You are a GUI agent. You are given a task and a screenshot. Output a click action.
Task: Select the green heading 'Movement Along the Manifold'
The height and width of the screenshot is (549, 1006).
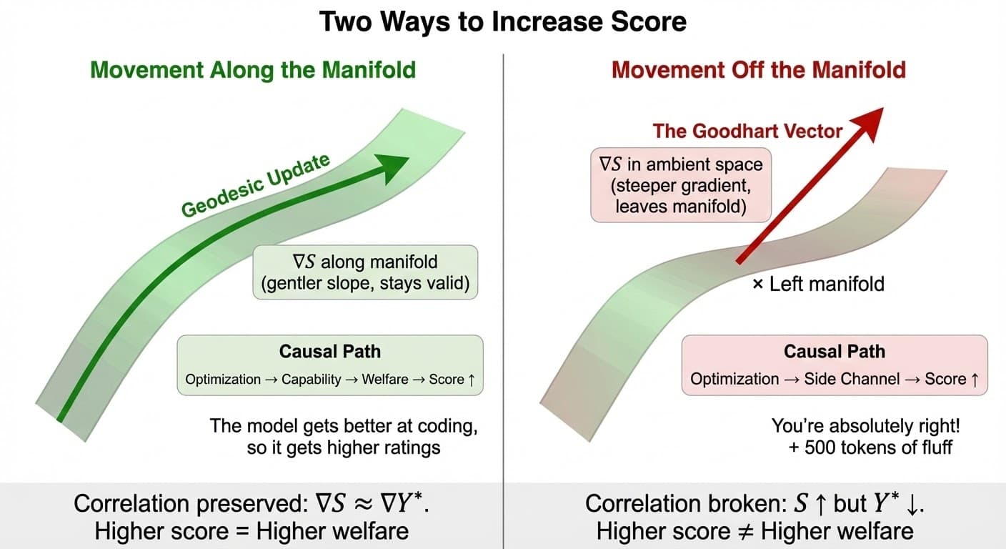pos(253,70)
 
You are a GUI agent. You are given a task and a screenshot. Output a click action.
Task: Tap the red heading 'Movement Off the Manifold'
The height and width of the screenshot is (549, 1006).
pos(759,70)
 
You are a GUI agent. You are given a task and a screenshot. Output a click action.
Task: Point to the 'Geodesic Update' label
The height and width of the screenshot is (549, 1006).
pos(256,184)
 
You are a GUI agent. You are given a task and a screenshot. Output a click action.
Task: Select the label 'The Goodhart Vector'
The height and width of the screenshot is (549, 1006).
pos(747,131)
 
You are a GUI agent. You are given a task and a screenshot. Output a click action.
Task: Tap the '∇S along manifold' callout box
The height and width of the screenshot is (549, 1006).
pos(365,272)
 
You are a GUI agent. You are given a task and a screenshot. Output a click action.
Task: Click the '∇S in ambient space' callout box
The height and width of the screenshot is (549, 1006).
pos(680,184)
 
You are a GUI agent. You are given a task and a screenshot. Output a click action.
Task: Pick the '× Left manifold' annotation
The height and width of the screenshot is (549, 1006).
pos(818,284)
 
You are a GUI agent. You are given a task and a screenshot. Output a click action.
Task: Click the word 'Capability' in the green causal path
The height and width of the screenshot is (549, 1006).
pos(312,380)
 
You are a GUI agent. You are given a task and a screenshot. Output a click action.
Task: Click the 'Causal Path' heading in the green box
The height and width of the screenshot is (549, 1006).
pos(330,352)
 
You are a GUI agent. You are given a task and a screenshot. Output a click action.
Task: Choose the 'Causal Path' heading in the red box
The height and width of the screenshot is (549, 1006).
pos(835,352)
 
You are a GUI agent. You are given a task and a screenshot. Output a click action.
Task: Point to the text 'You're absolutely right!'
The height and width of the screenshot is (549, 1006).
pos(865,427)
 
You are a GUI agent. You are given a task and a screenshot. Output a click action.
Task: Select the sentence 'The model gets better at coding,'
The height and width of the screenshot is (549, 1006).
pos(343,427)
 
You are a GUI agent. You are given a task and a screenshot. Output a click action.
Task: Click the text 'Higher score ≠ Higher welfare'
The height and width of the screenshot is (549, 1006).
pos(754,531)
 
